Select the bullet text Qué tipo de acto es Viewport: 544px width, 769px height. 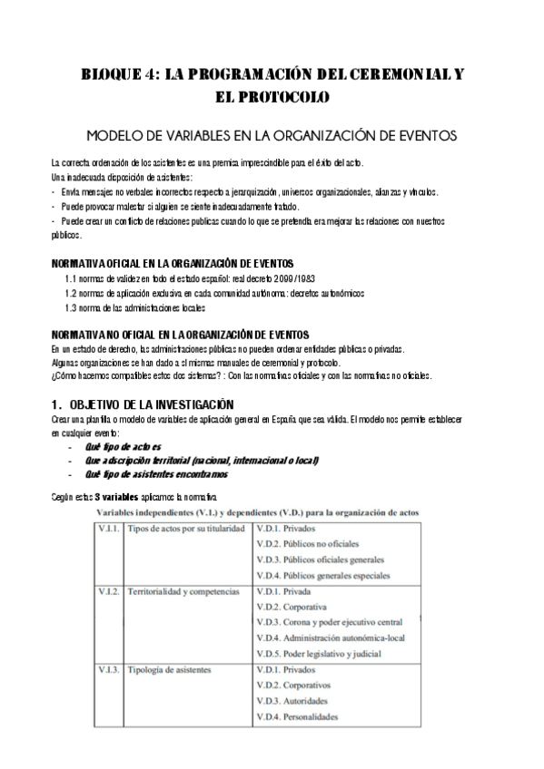tap(123, 447)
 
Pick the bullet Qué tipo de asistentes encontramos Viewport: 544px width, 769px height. tap(156, 473)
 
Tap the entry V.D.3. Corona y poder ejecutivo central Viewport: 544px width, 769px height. tap(330, 622)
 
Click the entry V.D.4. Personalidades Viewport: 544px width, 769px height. tap(297, 717)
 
